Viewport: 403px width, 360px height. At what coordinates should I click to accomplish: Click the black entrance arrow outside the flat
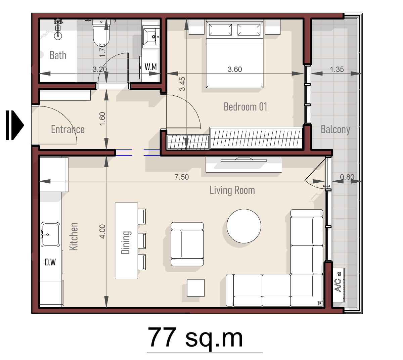click(15, 125)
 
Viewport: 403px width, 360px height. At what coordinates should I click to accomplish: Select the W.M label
click(150, 66)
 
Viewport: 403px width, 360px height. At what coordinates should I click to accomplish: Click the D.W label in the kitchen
click(50, 262)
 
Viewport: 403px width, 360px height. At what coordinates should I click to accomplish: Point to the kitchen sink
click(50, 234)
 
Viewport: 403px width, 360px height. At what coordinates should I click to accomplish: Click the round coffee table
click(244, 226)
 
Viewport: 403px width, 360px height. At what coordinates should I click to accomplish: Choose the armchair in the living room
click(187, 244)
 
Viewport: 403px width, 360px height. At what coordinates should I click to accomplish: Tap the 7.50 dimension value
click(181, 177)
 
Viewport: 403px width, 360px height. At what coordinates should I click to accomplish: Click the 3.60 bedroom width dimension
click(235, 69)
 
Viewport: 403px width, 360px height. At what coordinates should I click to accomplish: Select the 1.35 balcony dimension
click(337, 69)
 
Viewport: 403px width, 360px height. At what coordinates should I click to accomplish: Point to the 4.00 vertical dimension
click(102, 231)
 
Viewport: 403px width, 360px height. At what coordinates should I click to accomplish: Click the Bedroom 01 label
click(245, 106)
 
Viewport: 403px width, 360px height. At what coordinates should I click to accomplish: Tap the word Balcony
click(335, 130)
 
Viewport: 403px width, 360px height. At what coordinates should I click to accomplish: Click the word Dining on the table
click(126, 242)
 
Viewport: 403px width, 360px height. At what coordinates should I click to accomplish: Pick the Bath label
click(58, 55)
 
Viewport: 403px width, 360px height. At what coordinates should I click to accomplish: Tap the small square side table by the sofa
click(195, 287)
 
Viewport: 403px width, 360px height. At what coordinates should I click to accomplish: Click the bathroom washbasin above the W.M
click(151, 37)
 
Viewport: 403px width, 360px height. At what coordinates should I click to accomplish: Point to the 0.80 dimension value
click(347, 177)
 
